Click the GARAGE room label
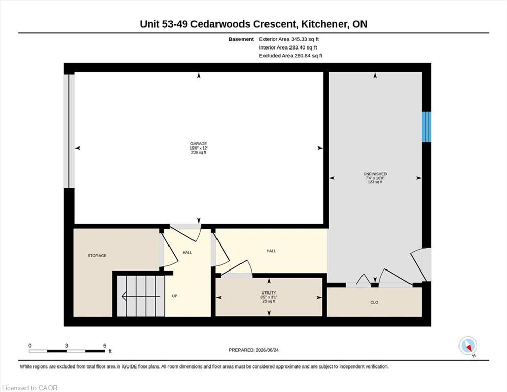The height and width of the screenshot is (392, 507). (x=199, y=144)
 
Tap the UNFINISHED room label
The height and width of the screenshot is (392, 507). (x=375, y=174)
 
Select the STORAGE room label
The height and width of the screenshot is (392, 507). (x=97, y=256)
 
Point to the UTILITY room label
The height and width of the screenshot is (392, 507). (x=269, y=293)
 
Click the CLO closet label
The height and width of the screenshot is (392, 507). (x=374, y=302)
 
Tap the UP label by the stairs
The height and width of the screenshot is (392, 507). (x=174, y=296)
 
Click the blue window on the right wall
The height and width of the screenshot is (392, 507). (x=426, y=127)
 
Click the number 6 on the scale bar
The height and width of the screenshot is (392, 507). (x=105, y=346)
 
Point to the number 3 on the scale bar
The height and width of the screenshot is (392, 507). (x=66, y=346)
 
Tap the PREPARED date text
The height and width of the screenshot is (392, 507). (x=253, y=350)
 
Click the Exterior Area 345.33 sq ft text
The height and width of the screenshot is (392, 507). (x=289, y=39)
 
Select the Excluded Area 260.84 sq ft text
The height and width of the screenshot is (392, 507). (x=291, y=55)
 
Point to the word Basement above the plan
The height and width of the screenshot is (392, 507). (x=241, y=39)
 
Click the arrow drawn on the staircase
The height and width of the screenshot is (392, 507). (x=141, y=296)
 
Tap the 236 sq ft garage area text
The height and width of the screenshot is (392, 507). (x=199, y=152)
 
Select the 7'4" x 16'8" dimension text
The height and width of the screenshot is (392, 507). (x=375, y=178)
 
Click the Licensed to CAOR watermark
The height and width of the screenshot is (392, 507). (x=30, y=388)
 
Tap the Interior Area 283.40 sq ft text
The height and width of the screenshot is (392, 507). (x=288, y=47)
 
